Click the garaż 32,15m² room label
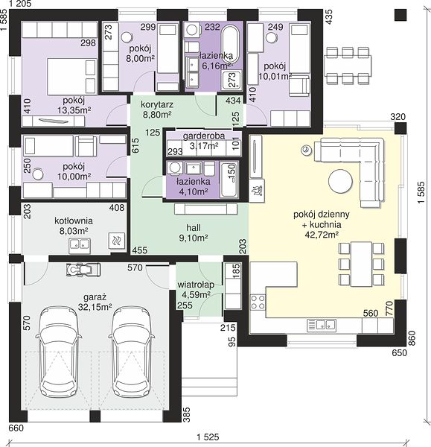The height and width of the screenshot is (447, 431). [95, 302]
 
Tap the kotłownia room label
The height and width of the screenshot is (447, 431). [74, 226]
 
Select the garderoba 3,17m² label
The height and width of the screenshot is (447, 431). [204, 141]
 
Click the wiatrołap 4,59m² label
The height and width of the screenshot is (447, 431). [196, 289]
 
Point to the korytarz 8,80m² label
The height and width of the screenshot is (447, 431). [157, 110]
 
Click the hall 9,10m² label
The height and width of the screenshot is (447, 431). [194, 232]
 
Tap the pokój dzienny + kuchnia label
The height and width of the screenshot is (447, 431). [322, 225]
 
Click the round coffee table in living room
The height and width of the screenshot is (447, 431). [340, 181]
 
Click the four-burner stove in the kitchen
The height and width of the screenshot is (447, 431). [258, 302]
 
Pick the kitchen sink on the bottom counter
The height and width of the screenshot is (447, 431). [321, 325]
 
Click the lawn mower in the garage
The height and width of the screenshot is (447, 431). [83, 270]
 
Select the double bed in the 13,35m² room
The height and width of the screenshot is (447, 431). [71, 77]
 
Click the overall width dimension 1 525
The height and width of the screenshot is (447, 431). [208, 437]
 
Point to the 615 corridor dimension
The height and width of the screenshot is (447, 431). [135, 145]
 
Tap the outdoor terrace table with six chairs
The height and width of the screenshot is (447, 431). [348, 66]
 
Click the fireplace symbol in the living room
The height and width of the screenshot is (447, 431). [256, 189]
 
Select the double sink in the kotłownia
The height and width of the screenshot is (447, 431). [80, 245]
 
